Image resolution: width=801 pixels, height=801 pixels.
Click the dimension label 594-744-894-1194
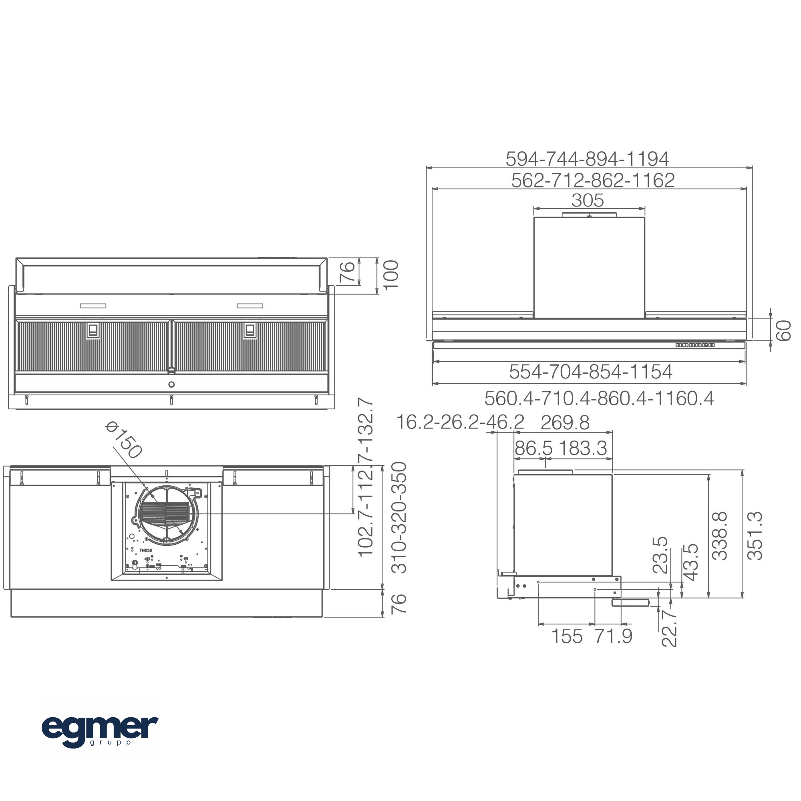pos(587,158)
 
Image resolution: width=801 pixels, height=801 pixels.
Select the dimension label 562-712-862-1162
pos(593,180)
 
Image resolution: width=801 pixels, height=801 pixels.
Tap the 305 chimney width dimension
pos(588,200)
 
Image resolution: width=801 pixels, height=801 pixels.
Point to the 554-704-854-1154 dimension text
pos(590,372)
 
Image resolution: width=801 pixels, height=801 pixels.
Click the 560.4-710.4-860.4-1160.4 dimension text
pos(599,398)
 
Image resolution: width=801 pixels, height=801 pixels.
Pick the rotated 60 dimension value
pos(783,330)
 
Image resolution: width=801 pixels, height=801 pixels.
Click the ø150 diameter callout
pos(123,440)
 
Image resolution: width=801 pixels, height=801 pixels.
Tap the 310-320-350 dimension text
pos(399,517)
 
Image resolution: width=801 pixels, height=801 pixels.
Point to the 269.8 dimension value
pos(565,423)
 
